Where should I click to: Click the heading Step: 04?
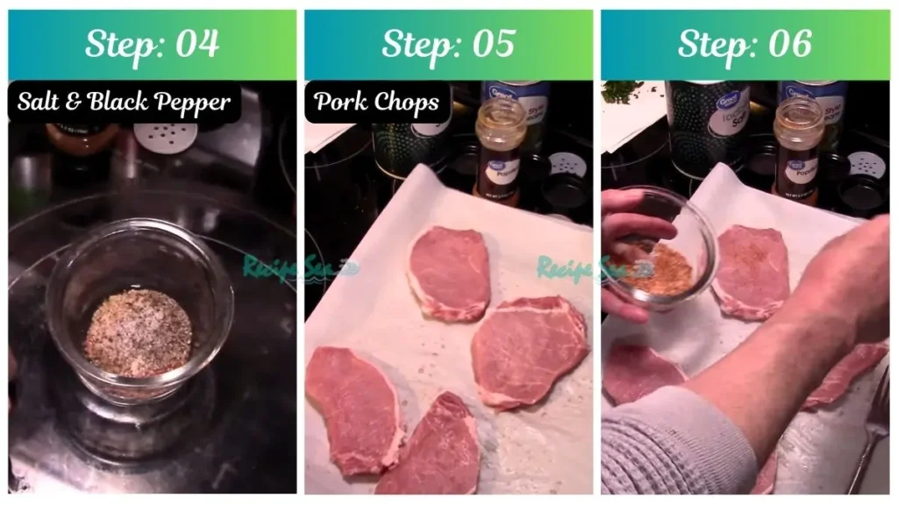152,45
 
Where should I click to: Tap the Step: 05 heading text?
448,45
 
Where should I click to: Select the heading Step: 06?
745,45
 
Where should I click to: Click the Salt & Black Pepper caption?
125,103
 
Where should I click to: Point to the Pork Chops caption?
377,103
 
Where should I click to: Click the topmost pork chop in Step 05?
449,272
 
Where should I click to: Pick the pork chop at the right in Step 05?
529,350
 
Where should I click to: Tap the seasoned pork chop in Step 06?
750,272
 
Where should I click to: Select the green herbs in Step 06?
624,90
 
